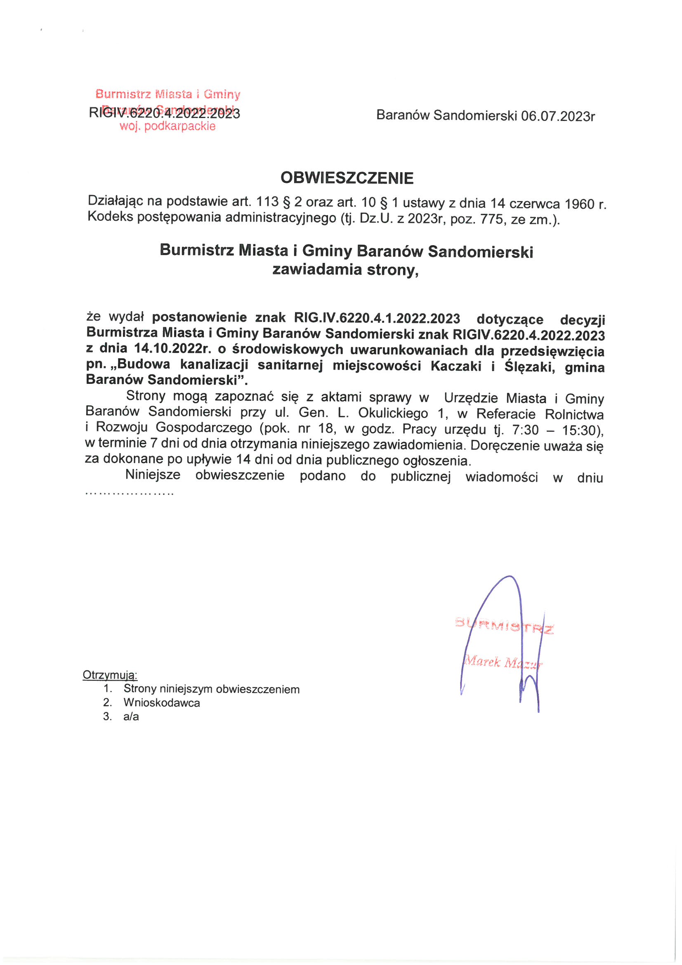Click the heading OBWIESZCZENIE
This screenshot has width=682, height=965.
tap(347, 178)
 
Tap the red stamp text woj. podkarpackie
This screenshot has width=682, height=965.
tap(167, 126)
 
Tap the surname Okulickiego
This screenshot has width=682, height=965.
tap(393, 414)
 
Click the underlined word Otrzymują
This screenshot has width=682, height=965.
tap(110, 674)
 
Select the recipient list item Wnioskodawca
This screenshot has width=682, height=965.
tap(161, 702)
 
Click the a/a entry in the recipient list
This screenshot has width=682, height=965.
tap(131, 716)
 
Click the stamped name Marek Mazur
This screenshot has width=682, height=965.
tap(502, 663)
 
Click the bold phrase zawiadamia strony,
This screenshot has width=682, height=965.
tap(345, 270)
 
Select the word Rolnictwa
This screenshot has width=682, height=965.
tap(574, 414)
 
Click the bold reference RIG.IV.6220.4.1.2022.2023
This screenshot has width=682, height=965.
tap(377, 318)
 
